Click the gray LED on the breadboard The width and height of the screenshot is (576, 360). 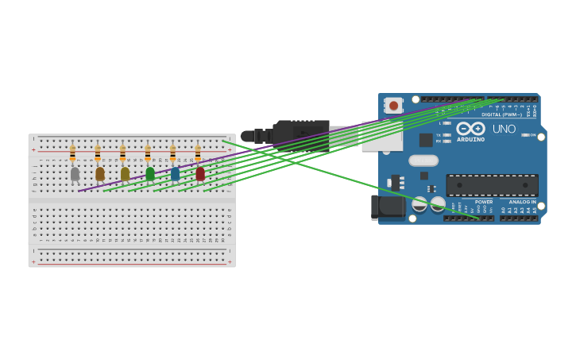pos(75,173)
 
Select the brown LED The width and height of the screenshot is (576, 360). pos(99,173)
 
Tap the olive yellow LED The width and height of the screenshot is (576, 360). pos(125,173)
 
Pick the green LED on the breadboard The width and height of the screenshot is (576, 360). pos(150,173)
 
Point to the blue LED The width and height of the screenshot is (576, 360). pos(175,173)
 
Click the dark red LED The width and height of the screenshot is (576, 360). pos(200,173)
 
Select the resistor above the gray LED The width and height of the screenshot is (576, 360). pos(72,153)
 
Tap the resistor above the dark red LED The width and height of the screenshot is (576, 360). pos(198,153)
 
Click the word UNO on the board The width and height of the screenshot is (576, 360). pos(504,129)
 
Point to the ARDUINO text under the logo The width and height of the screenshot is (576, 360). pos(470,140)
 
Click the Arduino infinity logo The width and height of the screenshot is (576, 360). pos(470,128)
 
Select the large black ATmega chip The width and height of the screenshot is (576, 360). pos(492,185)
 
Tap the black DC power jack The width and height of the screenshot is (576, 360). pos(387,207)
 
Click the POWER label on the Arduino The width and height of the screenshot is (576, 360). pos(484,202)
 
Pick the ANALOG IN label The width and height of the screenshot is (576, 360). pos(522,202)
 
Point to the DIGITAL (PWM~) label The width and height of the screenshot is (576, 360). pos(502,114)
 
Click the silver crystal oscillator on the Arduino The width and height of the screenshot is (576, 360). pos(423,161)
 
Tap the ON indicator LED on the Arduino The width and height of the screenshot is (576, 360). pos(525,135)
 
